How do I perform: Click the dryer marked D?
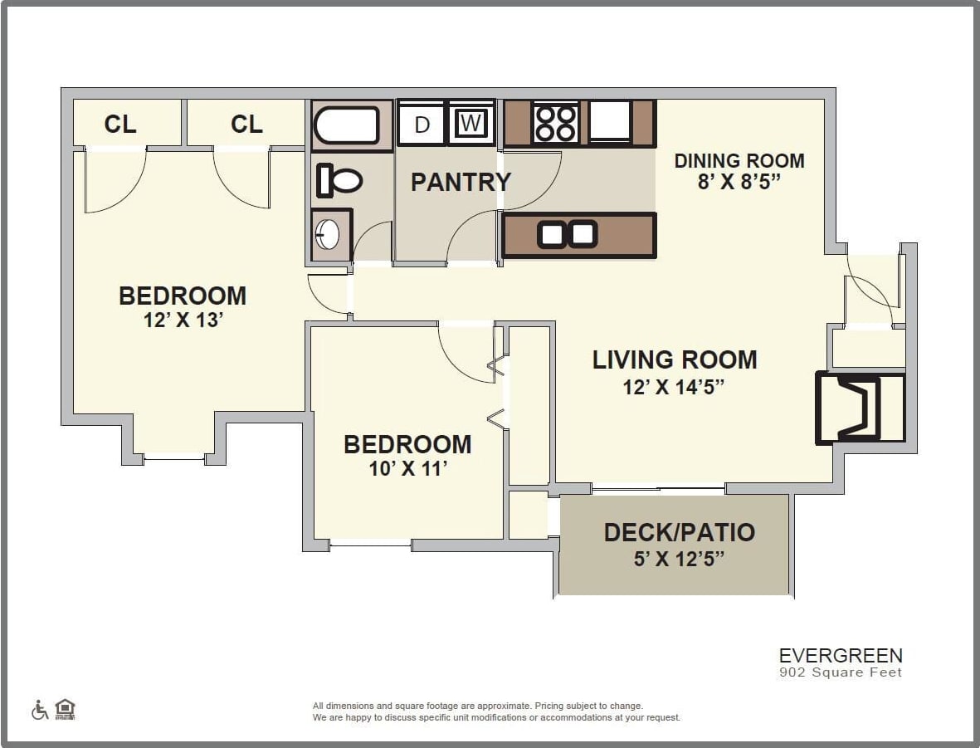422,124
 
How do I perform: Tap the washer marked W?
470,123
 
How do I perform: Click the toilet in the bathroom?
340,180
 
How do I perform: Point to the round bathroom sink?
328,235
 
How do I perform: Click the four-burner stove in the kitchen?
555,123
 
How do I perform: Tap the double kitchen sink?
568,235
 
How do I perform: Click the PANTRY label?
461,182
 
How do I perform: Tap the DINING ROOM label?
739,160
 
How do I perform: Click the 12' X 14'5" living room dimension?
674,387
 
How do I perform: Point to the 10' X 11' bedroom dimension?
408,469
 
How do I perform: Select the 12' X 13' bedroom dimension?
183,320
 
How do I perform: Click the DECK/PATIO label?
679,532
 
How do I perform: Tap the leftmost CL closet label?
120,125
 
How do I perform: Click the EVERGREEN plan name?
840,656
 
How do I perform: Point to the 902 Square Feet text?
840,672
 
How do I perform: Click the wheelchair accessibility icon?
39,710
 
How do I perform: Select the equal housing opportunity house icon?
65,710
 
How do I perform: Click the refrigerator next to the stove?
610,121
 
